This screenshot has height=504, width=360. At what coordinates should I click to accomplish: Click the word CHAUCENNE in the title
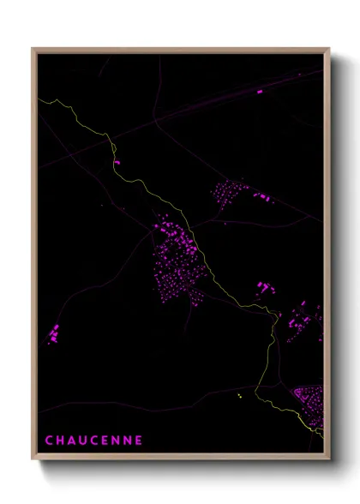point(93,441)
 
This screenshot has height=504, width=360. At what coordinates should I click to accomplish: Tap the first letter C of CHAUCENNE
point(48,441)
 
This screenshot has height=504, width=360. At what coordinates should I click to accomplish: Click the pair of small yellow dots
point(240,395)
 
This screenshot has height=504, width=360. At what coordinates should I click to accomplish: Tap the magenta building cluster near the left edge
point(54,333)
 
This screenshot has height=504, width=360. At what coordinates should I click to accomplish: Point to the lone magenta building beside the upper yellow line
point(118,161)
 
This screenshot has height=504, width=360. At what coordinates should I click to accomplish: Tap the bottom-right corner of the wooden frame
point(328,462)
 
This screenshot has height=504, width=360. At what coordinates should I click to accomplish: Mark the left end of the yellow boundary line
point(39,101)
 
